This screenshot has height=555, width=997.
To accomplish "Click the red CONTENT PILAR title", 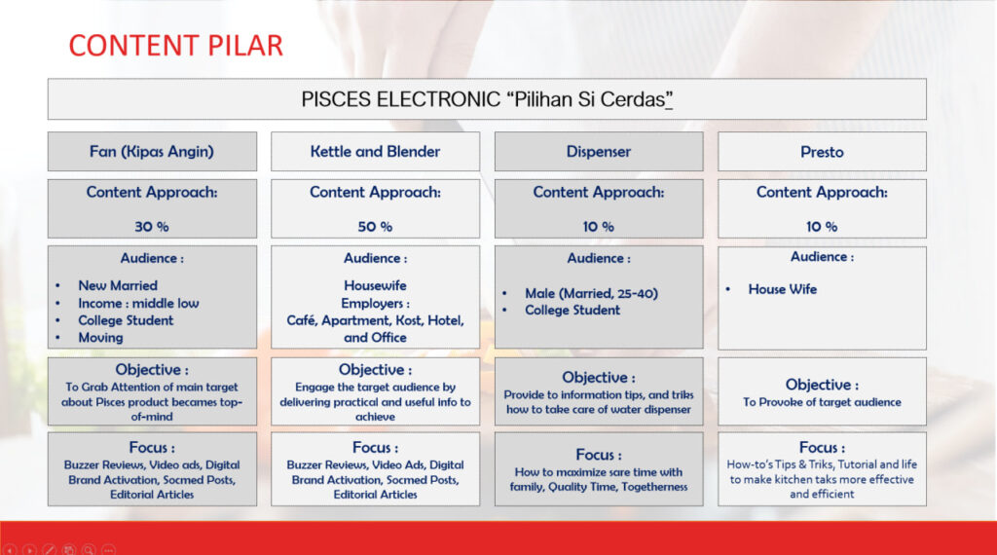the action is pyautogui.click(x=175, y=46).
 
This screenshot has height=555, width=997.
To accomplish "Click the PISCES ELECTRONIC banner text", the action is pyautogui.click(x=487, y=100).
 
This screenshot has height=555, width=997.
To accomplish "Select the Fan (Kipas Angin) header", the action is pyautogui.click(x=151, y=152).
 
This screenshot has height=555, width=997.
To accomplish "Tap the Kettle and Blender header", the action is pyautogui.click(x=375, y=151).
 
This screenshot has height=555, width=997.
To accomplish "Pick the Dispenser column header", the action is pyautogui.click(x=599, y=152).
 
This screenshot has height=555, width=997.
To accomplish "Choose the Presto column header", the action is pyautogui.click(x=822, y=152).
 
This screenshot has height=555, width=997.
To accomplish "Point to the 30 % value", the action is pyautogui.click(x=151, y=226).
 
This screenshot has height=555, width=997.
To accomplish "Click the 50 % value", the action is pyautogui.click(x=375, y=226).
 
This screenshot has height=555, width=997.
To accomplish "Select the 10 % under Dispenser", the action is pyautogui.click(x=599, y=226).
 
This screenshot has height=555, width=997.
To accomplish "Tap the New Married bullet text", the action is pyautogui.click(x=118, y=286).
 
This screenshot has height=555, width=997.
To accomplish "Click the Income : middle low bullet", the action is pyautogui.click(x=138, y=303).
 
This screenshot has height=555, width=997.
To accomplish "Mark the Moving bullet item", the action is pyautogui.click(x=100, y=338).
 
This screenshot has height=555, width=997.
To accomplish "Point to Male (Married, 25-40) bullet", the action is pyautogui.click(x=591, y=293).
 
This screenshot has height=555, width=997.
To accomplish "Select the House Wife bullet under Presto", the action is pyautogui.click(x=783, y=289).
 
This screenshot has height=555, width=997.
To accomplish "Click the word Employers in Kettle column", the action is pyautogui.click(x=372, y=303).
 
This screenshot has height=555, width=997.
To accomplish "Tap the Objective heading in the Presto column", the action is pyautogui.click(x=822, y=385).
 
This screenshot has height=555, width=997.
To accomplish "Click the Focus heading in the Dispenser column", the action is pyautogui.click(x=599, y=455).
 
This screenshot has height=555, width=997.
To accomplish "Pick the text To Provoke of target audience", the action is pyautogui.click(x=822, y=402).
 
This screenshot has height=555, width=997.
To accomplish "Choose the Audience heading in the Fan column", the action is pyautogui.click(x=152, y=258).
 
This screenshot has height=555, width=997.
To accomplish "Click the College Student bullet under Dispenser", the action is pyautogui.click(x=572, y=311).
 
